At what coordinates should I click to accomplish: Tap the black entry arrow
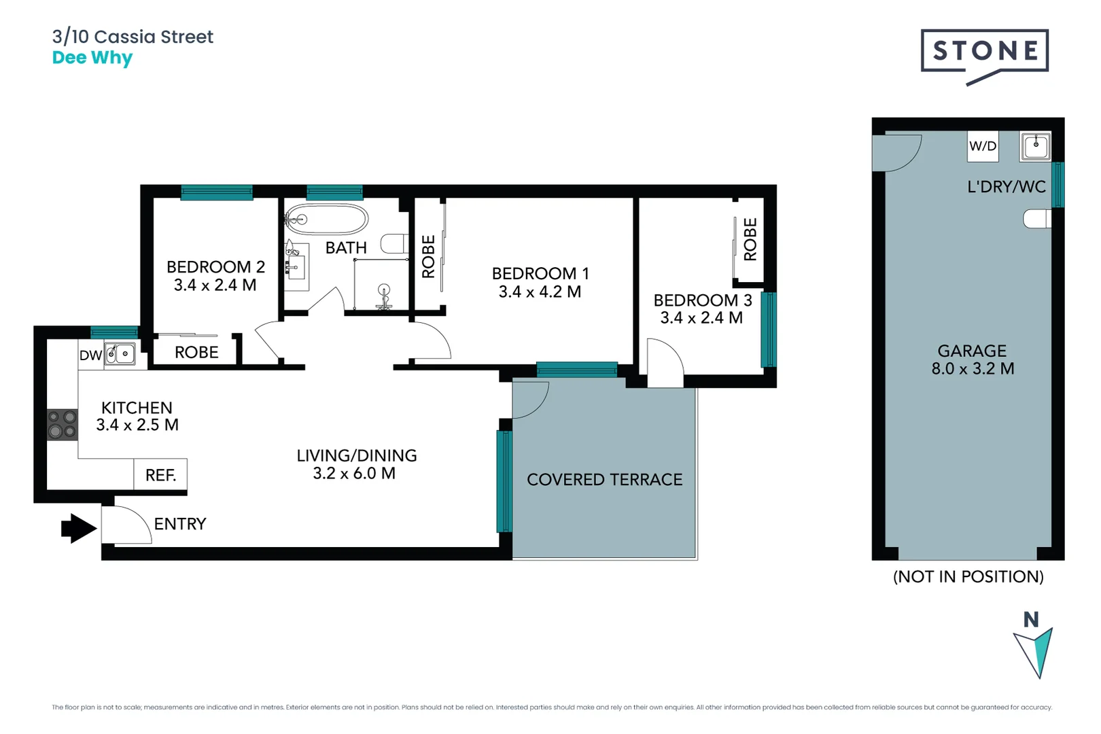79,528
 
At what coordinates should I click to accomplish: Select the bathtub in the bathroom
326,219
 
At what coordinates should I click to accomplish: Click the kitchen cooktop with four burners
62,424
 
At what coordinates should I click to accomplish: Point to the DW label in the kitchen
90,355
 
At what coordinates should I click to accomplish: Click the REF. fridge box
160,474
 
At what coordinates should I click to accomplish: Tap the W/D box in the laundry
983,146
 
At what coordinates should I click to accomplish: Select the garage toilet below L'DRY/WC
1037,219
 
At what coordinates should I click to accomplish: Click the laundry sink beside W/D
1036,146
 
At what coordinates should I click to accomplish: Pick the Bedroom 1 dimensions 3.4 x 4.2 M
540,292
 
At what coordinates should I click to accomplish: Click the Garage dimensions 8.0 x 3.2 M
972,369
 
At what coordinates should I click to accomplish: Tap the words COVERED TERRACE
604,480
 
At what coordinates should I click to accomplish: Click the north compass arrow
1034,651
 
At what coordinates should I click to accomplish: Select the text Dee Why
92,58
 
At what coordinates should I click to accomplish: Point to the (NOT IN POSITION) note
968,577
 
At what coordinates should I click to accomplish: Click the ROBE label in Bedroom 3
750,239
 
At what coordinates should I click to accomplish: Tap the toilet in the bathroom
394,243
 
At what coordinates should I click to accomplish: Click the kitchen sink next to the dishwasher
120,354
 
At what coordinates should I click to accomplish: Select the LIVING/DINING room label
356,455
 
